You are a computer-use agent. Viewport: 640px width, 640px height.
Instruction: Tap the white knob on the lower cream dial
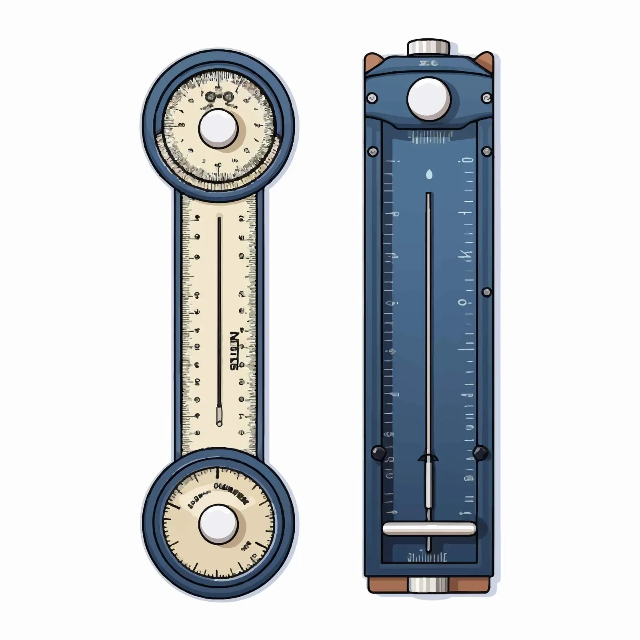[218, 524]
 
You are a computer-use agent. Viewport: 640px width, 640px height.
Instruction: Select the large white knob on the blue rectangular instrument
[429, 98]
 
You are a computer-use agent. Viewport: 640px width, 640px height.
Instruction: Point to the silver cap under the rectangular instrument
[428, 585]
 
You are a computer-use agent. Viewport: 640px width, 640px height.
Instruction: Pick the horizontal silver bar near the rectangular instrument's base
[429, 528]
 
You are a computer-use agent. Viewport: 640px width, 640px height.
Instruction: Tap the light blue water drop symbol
[429, 174]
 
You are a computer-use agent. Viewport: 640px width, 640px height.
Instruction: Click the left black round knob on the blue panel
[378, 452]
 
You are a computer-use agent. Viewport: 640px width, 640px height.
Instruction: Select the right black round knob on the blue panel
[480, 452]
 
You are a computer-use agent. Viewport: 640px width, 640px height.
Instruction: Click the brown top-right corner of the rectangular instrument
[487, 60]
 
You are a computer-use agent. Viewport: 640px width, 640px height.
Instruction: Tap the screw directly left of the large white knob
[372, 98]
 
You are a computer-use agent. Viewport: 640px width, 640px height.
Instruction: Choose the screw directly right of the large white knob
[486, 98]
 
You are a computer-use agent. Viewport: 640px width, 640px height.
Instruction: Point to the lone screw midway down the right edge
[486, 292]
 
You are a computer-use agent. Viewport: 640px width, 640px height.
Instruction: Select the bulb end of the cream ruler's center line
[219, 416]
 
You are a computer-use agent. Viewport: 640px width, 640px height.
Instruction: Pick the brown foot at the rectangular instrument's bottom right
[470, 585]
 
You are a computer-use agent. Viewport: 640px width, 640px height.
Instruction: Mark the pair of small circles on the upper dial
[219, 97]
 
